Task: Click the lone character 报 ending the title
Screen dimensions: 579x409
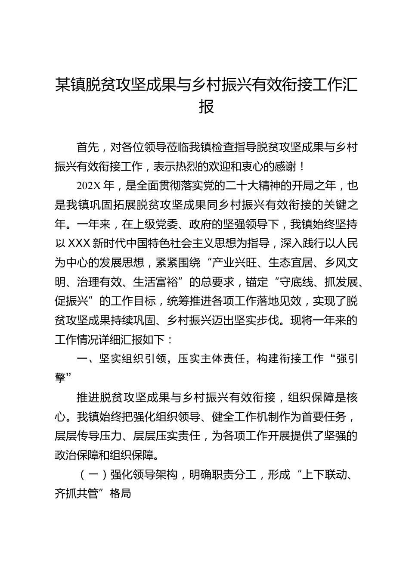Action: tap(207, 106)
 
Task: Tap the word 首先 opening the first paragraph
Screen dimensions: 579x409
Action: tap(88, 148)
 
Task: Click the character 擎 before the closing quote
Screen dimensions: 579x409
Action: tap(60, 377)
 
